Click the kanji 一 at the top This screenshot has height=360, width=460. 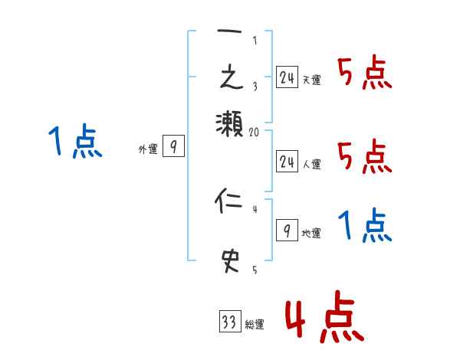click(229, 35)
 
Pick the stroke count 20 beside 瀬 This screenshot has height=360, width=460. click(255, 133)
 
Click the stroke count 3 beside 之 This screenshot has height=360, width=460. click(255, 87)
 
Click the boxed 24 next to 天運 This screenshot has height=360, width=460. click(287, 77)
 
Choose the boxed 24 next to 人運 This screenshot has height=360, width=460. click(287, 160)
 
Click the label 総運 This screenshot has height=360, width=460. click(255, 325)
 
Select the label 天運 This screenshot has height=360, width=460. click(312, 80)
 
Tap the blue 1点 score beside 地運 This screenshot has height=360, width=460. click(365, 227)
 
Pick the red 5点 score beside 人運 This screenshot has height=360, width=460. click(365, 157)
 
